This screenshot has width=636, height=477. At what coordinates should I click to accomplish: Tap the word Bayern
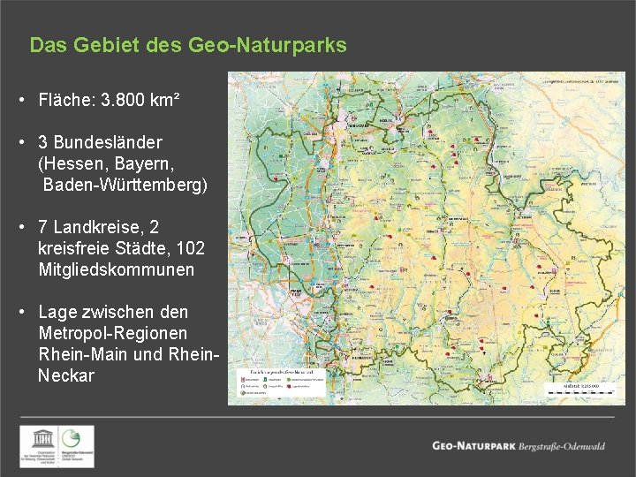click(144, 163)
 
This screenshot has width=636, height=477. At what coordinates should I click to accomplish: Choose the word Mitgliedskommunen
click(116, 270)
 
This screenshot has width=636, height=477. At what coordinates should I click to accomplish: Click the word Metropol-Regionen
click(113, 333)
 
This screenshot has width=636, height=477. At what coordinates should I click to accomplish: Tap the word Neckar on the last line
click(66, 375)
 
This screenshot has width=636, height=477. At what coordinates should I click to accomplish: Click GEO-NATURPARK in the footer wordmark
click(473, 446)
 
